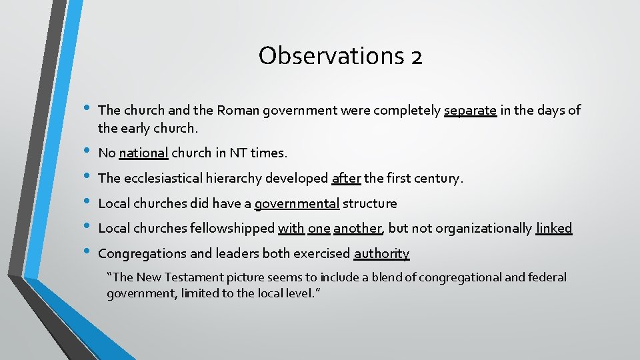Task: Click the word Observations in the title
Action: click(x=326, y=55)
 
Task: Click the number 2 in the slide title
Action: click(x=416, y=57)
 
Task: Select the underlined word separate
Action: click(x=470, y=111)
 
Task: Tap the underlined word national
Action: click(x=143, y=153)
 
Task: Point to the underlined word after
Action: click(x=346, y=179)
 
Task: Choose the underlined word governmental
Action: click(x=297, y=204)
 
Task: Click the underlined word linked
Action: click(x=554, y=229)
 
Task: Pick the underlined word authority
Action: click(x=381, y=254)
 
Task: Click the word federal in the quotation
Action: click(x=546, y=277)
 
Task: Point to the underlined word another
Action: click(x=358, y=229)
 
